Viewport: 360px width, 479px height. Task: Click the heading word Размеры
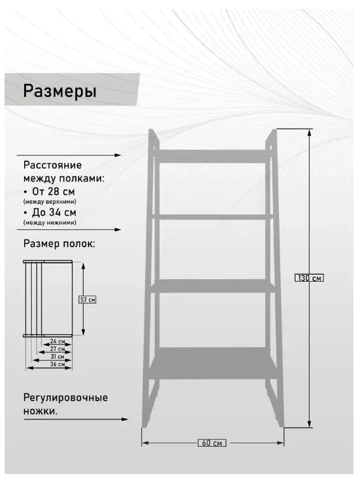click(x=59, y=91)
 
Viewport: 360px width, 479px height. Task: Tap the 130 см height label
click(x=309, y=278)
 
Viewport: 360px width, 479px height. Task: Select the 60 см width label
click(x=212, y=442)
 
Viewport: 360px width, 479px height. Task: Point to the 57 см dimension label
click(x=88, y=300)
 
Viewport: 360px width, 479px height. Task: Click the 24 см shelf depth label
click(x=57, y=341)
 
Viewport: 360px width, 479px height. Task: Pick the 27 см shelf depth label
click(x=57, y=349)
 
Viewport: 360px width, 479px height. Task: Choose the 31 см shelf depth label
click(x=57, y=357)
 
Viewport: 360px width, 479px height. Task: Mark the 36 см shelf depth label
click(x=57, y=364)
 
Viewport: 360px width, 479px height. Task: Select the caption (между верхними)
click(x=50, y=202)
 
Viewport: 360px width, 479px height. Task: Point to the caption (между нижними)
click(x=50, y=222)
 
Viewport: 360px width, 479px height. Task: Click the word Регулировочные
click(x=65, y=398)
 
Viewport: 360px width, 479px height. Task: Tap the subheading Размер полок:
click(x=59, y=244)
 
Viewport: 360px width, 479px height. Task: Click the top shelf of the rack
click(x=211, y=156)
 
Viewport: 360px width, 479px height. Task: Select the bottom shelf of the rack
click(x=213, y=363)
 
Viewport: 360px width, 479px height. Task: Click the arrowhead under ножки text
click(x=125, y=419)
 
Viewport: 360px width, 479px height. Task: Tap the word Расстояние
click(x=52, y=165)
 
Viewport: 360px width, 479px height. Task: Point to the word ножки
click(x=41, y=411)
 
